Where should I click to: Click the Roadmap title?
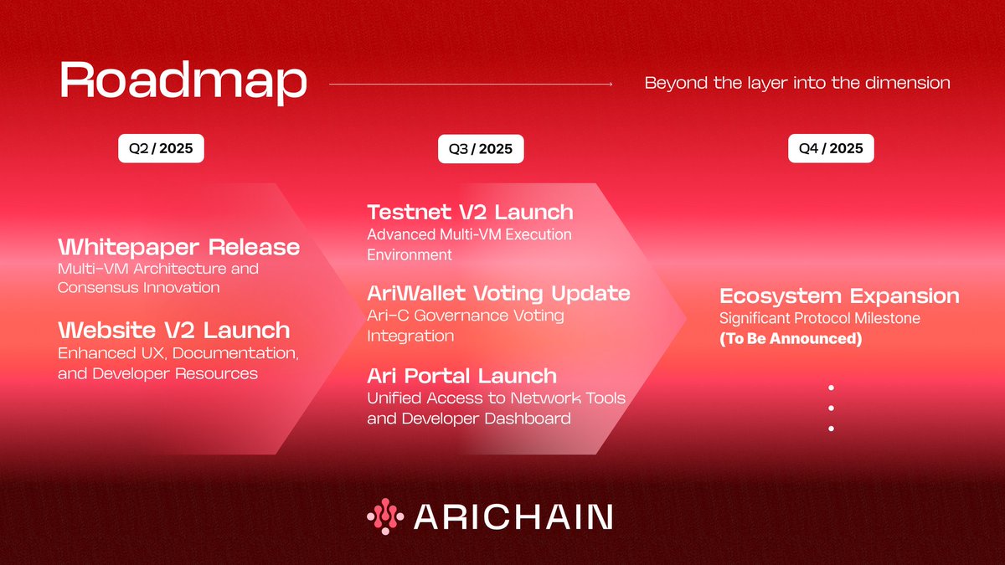click(x=183, y=82)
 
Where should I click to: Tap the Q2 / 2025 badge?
click(x=161, y=149)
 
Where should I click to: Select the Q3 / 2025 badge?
click(x=481, y=150)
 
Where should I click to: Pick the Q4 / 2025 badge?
click(x=831, y=149)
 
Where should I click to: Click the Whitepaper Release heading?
click(x=178, y=247)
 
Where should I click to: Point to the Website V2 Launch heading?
click(x=173, y=330)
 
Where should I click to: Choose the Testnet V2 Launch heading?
click(x=470, y=212)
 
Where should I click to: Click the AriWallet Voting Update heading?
click(x=498, y=294)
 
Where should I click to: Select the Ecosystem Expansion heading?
click(x=839, y=296)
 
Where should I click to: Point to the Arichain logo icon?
click(x=385, y=516)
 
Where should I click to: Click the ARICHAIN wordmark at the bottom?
click(x=513, y=516)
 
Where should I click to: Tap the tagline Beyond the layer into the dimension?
click(x=797, y=83)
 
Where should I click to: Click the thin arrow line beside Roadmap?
click(x=471, y=84)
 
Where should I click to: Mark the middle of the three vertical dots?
click(x=832, y=408)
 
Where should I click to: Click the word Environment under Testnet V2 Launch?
click(x=410, y=254)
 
